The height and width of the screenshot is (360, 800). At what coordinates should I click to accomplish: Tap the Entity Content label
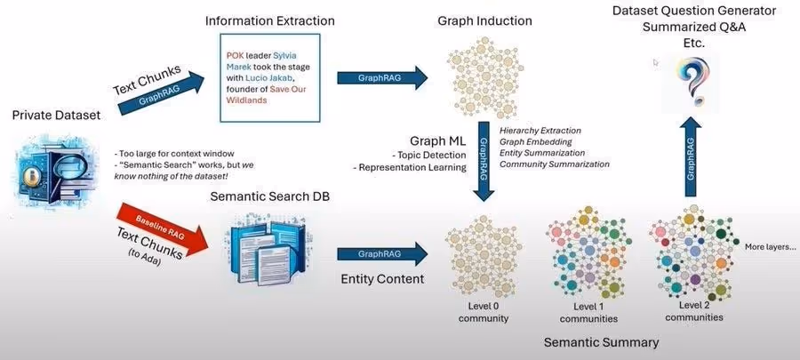381,280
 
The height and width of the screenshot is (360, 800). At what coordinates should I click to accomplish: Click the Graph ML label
437,141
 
